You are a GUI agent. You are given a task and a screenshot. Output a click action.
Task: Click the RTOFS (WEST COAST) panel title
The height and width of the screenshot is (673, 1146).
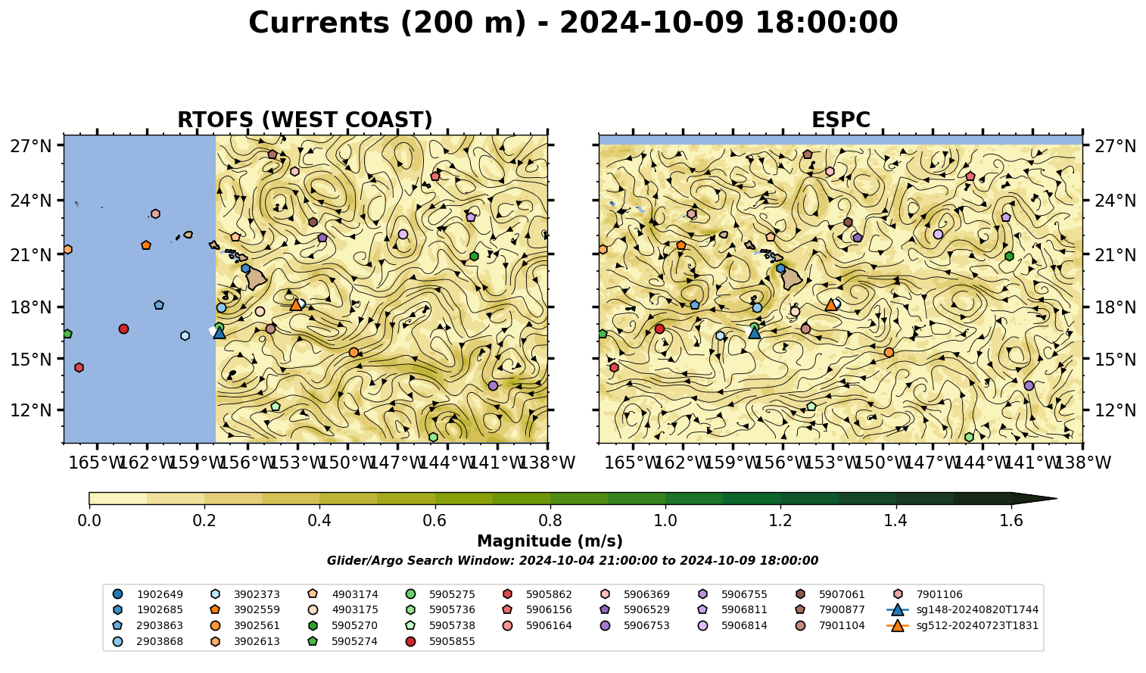(305, 120)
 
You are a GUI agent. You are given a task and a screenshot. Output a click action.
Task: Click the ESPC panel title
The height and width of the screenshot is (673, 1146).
(840, 120)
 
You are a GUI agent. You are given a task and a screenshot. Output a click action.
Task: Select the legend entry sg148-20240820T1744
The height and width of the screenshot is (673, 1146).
(963, 609)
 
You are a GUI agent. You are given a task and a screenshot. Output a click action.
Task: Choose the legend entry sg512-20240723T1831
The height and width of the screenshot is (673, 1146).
(963, 625)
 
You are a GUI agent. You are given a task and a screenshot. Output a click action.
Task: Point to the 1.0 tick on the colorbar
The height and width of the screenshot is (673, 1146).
(665, 521)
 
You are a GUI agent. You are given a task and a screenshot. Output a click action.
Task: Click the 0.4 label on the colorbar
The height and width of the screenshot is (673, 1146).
(319, 521)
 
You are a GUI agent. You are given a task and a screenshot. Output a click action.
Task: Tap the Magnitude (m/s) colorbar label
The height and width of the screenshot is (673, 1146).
(550, 541)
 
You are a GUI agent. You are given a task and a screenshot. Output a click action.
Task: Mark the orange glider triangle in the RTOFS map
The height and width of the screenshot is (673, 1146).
(296, 304)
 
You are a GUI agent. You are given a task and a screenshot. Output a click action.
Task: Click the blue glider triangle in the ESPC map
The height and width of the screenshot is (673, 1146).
(754, 332)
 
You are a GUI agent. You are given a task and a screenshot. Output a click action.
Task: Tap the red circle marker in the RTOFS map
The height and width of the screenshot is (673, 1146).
(123, 329)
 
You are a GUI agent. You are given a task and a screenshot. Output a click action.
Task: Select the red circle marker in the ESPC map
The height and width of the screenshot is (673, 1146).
(659, 329)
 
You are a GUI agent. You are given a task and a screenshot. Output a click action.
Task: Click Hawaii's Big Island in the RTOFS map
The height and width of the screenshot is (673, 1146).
(255, 279)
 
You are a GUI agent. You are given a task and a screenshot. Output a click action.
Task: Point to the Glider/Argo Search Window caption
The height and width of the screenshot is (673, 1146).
(572, 560)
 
